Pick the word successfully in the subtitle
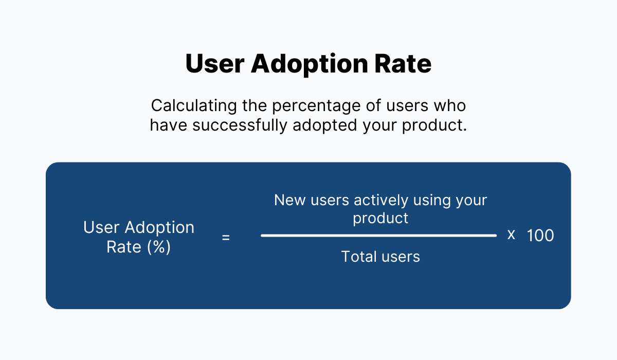pyautogui.click(x=239, y=126)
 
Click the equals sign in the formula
pyautogui.click(x=226, y=238)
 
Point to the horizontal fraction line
pyautogui.click(x=379, y=236)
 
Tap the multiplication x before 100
pyautogui.click(x=511, y=235)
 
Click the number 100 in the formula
pyautogui.click(x=540, y=236)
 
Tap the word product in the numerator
pyautogui.click(x=380, y=218)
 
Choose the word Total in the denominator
pyautogui.click(x=358, y=256)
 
